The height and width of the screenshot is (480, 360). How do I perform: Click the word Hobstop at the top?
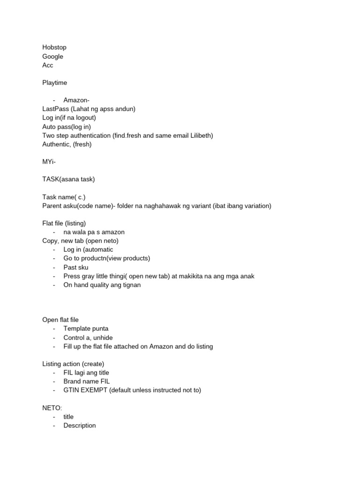pyautogui.click(x=54, y=47)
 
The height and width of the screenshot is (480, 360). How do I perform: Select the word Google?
pyautogui.click(x=52, y=56)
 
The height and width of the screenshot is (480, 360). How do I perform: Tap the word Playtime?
pyautogui.click(x=55, y=82)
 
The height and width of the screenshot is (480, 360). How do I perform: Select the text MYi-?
pyautogui.click(x=49, y=161)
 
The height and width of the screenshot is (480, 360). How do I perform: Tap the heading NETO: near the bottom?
pyautogui.click(x=52, y=408)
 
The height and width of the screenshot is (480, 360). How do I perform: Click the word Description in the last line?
pyautogui.click(x=80, y=426)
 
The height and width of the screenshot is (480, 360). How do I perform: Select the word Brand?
pyautogui.click(x=73, y=382)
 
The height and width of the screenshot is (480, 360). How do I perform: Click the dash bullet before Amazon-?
pyautogui.click(x=54, y=100)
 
